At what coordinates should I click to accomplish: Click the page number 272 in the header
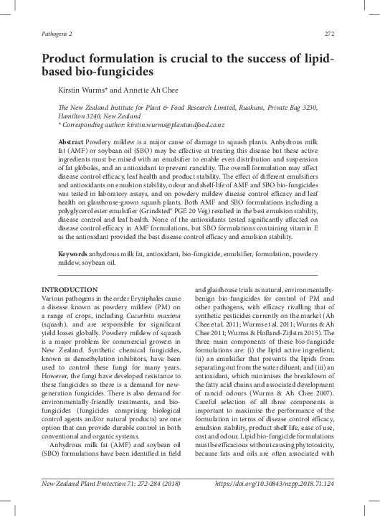pos(331,33)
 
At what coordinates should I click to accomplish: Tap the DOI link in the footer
pos(275,505)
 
